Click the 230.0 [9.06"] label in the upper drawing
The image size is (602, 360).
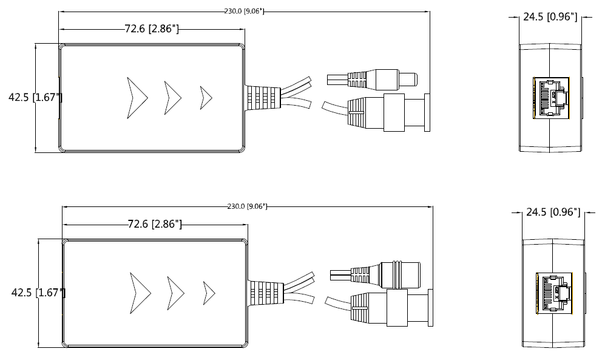pos(243,11)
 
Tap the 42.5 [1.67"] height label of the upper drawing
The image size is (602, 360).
pos(35,97)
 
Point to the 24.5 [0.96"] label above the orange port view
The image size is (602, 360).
pos(550,17)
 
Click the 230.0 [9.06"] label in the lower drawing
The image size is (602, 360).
pos(246,206)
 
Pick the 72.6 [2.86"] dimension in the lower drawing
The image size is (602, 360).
pos(155,224)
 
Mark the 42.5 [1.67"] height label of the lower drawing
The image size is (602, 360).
pos(38,293)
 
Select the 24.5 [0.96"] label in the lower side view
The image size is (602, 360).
pos(553,212)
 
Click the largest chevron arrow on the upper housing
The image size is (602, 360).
pos(137,97)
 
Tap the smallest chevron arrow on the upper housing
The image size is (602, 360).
pos(206,97)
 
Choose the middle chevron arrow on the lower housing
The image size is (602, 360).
pos(175,293)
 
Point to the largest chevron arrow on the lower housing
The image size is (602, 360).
pos(140,293)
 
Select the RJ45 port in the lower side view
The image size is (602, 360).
pos(554,293)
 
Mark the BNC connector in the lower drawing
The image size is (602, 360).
pos(397,308)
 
